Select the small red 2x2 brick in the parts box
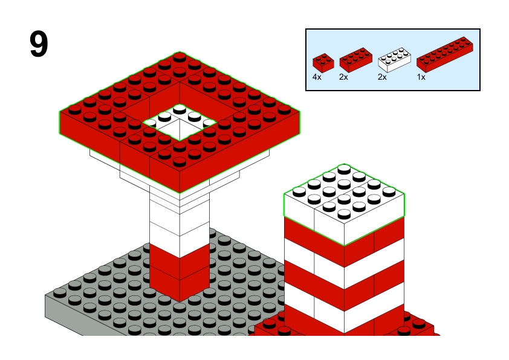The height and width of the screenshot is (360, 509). pos(323,63)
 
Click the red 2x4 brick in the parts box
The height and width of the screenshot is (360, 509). pos(356,60)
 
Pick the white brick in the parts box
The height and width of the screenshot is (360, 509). pos(394,60)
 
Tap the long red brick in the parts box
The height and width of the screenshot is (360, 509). pos(445,54)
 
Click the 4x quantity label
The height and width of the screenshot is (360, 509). pos(317,77)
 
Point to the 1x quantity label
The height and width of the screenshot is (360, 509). pos(421,77)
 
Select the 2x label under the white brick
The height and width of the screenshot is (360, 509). pos(382,77)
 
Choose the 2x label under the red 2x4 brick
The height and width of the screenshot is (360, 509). pos(343,77)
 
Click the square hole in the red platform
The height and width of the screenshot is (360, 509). pos(180,123)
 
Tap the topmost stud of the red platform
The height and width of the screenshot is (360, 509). pos(180,57)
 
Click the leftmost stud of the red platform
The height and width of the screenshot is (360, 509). pos(75,109)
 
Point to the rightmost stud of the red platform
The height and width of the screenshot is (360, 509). pos(284,109)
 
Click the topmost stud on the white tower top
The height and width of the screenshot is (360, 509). pos(344,169)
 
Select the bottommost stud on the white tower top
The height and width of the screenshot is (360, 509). pos(344,214)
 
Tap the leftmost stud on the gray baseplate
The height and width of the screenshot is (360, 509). pos(60,293)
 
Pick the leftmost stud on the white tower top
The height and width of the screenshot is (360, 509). pos(299,191)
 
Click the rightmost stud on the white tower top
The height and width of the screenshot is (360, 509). pos(389,191)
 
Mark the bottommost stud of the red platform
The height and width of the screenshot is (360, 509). pos(180,161)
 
